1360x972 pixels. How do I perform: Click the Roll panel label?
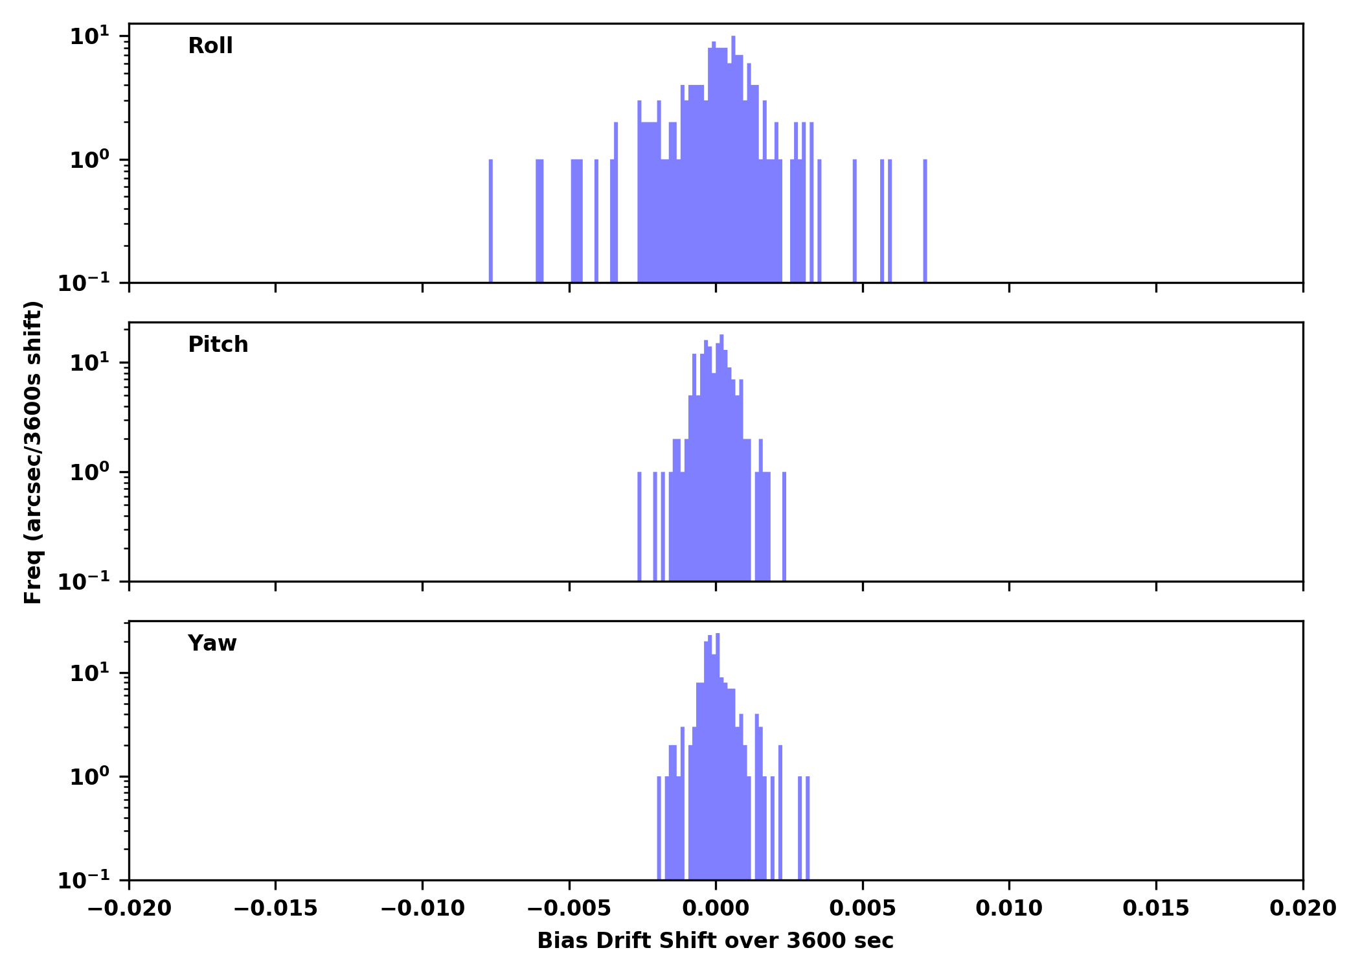click(210, 46)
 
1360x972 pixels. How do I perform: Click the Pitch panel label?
click(218, 345)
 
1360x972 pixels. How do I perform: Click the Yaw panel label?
click(212, 643)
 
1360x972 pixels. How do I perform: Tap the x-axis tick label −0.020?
click(129, 908)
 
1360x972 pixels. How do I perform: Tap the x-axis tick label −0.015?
click(275, 908)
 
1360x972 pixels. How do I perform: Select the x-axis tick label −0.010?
click(422, 908)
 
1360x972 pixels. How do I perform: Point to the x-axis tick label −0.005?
click(569, 908)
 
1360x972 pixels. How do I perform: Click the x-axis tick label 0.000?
click(716, 908)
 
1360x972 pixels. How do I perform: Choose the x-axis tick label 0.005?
click(863, 908)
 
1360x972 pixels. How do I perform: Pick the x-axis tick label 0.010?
click(1009, 908)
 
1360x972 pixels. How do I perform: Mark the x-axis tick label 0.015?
click(1156, 908)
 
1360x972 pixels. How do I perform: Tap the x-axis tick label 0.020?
click(1302, 908)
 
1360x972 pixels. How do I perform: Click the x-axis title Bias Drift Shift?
click(715, 941)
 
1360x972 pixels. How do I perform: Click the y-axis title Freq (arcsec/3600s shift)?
click(33, 452)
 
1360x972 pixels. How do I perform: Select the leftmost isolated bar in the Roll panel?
click(491, 220)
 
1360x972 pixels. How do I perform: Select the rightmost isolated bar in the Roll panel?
click(925, 220)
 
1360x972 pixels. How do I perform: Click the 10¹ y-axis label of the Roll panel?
click(89, 36)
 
